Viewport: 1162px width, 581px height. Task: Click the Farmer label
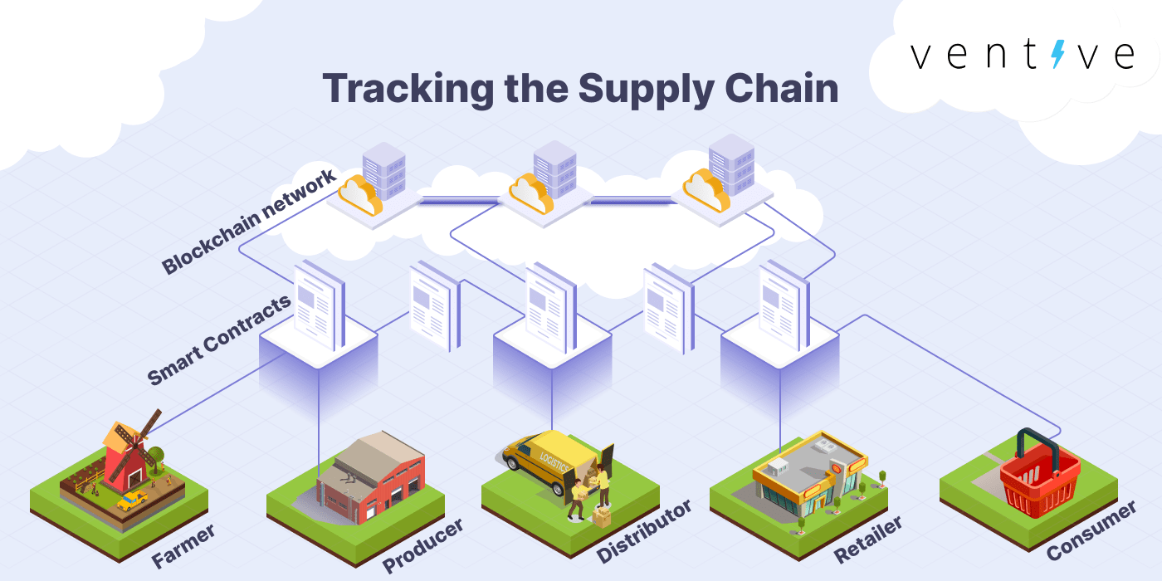click(x=184, y=544)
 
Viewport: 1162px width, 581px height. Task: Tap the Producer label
click(x=422, y=545)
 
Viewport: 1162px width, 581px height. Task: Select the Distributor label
click(x=644, y=530)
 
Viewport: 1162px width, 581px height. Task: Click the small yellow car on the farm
click(x=131, y=500)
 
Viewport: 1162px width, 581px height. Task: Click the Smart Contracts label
click(x=219, y=339)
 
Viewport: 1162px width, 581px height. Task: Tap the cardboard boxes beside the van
click(x=600, y=515)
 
